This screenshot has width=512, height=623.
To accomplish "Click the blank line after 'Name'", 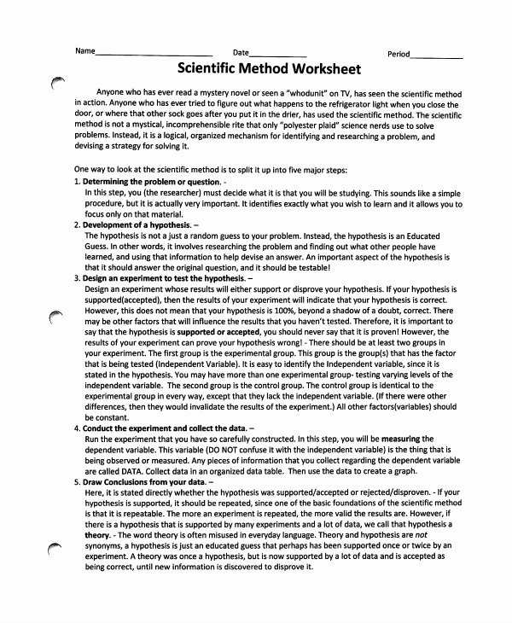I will coord(153,55).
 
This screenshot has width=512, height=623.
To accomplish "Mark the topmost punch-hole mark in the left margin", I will coord(58,82).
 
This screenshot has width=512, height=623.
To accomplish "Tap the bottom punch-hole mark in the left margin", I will coord(56,551).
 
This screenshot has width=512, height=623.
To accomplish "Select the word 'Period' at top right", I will coord(398,53).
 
